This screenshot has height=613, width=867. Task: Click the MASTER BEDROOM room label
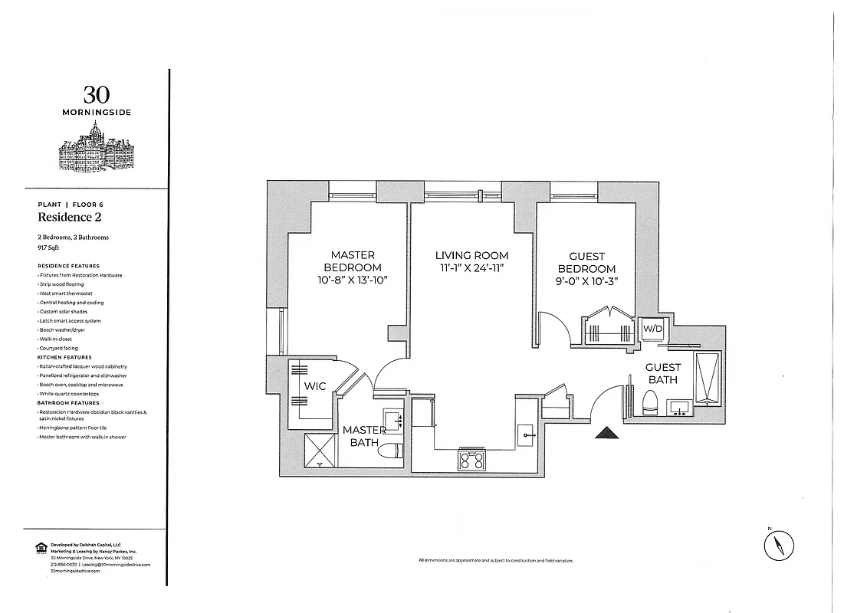(353, 261)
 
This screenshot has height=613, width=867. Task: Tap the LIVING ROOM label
(471, 256)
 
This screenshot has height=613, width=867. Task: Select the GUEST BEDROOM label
(586, 263)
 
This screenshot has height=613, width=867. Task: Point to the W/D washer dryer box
(652, 329)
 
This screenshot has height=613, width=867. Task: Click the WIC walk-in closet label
(315, 386)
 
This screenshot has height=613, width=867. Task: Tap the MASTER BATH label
(363, 436)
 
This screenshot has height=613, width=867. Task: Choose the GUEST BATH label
(662, 373)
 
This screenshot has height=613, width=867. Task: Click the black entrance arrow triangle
(607, 434)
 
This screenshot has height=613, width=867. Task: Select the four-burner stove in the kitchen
(471, 460)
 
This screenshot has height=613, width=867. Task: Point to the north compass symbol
(779, 546)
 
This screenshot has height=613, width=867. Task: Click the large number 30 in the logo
(97, 95)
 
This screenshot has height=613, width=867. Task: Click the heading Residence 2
(70, 218)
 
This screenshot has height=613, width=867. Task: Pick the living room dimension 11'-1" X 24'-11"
(471, 267)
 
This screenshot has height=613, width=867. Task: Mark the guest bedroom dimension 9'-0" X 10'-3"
(586, 281)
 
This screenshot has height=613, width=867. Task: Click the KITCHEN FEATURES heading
(64, 357)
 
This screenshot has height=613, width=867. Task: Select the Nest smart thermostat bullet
(66, 293)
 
